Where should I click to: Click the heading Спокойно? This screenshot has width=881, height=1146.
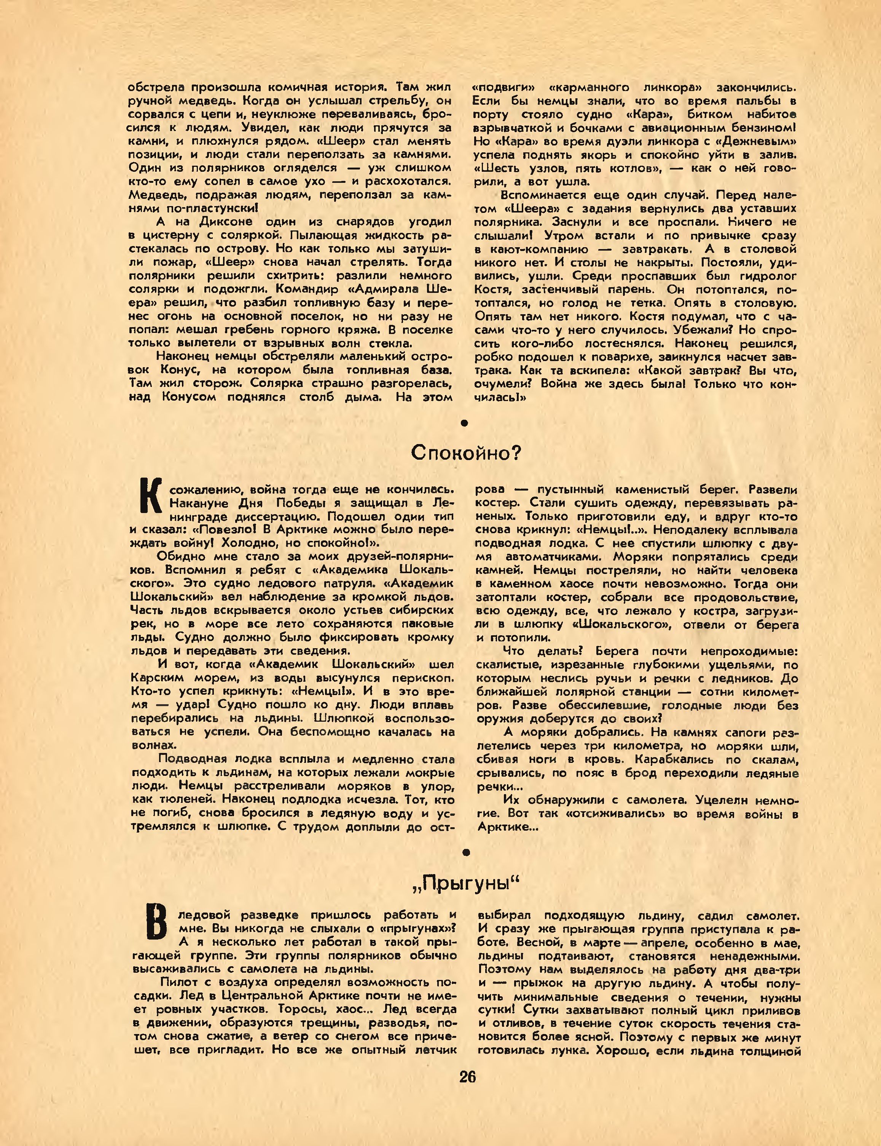tap(466, 452)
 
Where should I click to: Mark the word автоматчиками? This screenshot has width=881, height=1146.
tap(552, 557)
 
